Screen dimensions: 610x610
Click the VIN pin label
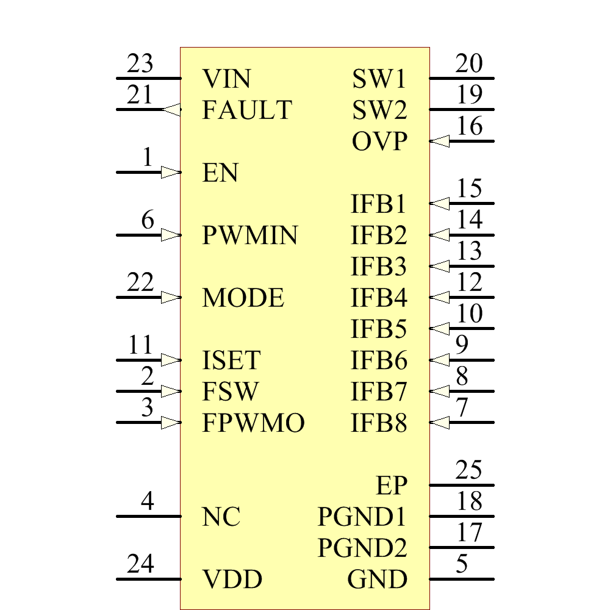coord(226,79)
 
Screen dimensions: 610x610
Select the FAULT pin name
coord(247,110)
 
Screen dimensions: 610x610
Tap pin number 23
coord(140,64)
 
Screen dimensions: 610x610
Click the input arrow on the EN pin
coord(171,173)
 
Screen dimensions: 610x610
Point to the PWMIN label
coord(250,235)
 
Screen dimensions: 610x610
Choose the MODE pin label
coord(243,298)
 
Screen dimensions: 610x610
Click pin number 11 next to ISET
coord(140,346)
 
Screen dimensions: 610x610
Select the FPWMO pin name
coord(253,423)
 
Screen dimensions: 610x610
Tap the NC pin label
coord(221,517)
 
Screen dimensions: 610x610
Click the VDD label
coord(232,579)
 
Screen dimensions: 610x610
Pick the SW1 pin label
coord(379,79)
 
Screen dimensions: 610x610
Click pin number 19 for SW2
coord(469,95)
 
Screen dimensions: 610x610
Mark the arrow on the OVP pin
coord(440,142)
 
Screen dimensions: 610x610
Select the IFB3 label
coord(379,267)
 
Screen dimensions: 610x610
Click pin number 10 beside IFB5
coord(469,314)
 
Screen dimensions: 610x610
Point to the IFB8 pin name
coord(379,423)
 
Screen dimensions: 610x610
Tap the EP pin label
coord(391,486)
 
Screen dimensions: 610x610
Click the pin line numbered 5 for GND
coord(462,579)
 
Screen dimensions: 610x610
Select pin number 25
coord(469,471)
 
